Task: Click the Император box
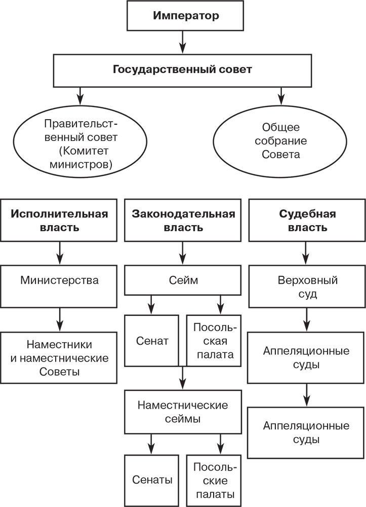(186, 15)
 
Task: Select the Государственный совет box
(182, 69)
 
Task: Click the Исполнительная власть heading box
(60, 220)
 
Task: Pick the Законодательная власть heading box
(183, 220)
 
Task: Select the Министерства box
(60, 280)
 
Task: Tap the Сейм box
(183, 280)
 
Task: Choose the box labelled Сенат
(152, 340)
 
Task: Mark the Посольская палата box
(213, 340)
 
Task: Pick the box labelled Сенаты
(152, 480)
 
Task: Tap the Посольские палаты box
(213, 480)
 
